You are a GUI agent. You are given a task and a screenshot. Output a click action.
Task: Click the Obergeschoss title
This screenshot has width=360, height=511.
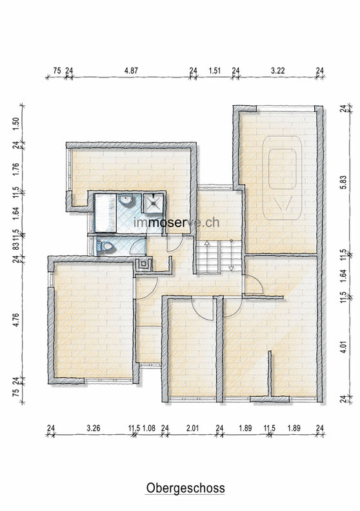[x=185, y=488]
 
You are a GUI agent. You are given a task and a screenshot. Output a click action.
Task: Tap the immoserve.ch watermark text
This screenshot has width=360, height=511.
[x=177, y=222]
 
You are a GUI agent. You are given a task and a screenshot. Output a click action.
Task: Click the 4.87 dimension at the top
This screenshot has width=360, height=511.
[x=132, y=71]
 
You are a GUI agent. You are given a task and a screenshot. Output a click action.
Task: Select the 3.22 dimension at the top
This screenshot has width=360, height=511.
[x=278, y=71]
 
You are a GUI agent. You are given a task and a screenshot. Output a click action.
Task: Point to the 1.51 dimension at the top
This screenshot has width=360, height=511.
[x=215, y=71]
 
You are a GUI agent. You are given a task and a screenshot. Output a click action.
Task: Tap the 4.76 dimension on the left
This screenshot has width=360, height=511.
[x=16, y=320]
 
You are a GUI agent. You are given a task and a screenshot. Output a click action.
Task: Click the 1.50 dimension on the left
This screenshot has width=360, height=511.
[x=16, y=124]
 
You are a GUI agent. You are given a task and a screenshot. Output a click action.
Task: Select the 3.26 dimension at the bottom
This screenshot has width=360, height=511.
[x=94, y=428]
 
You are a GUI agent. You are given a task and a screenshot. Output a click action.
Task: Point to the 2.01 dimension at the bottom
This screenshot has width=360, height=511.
[x=192, y=428]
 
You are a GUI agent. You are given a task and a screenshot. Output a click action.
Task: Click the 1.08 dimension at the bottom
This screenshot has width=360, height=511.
[x=149, y=428]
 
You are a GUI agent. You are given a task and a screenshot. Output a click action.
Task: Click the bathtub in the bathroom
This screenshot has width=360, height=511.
[x=105, y=213]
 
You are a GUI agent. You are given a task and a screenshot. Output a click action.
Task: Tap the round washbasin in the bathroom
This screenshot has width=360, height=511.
[x=126, y=199]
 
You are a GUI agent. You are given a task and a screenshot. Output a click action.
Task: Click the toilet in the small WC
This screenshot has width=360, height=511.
[x=104, y=246]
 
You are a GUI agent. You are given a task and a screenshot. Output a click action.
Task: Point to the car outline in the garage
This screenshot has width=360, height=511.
[x=282, y=177]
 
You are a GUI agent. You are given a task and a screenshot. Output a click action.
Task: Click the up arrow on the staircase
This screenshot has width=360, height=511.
[x=206, y=243]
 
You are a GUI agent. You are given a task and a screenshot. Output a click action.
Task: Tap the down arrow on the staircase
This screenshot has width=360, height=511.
[x=231, y=269]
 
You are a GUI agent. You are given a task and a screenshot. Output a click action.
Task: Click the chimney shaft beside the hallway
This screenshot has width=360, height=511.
[x=144, y=264]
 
